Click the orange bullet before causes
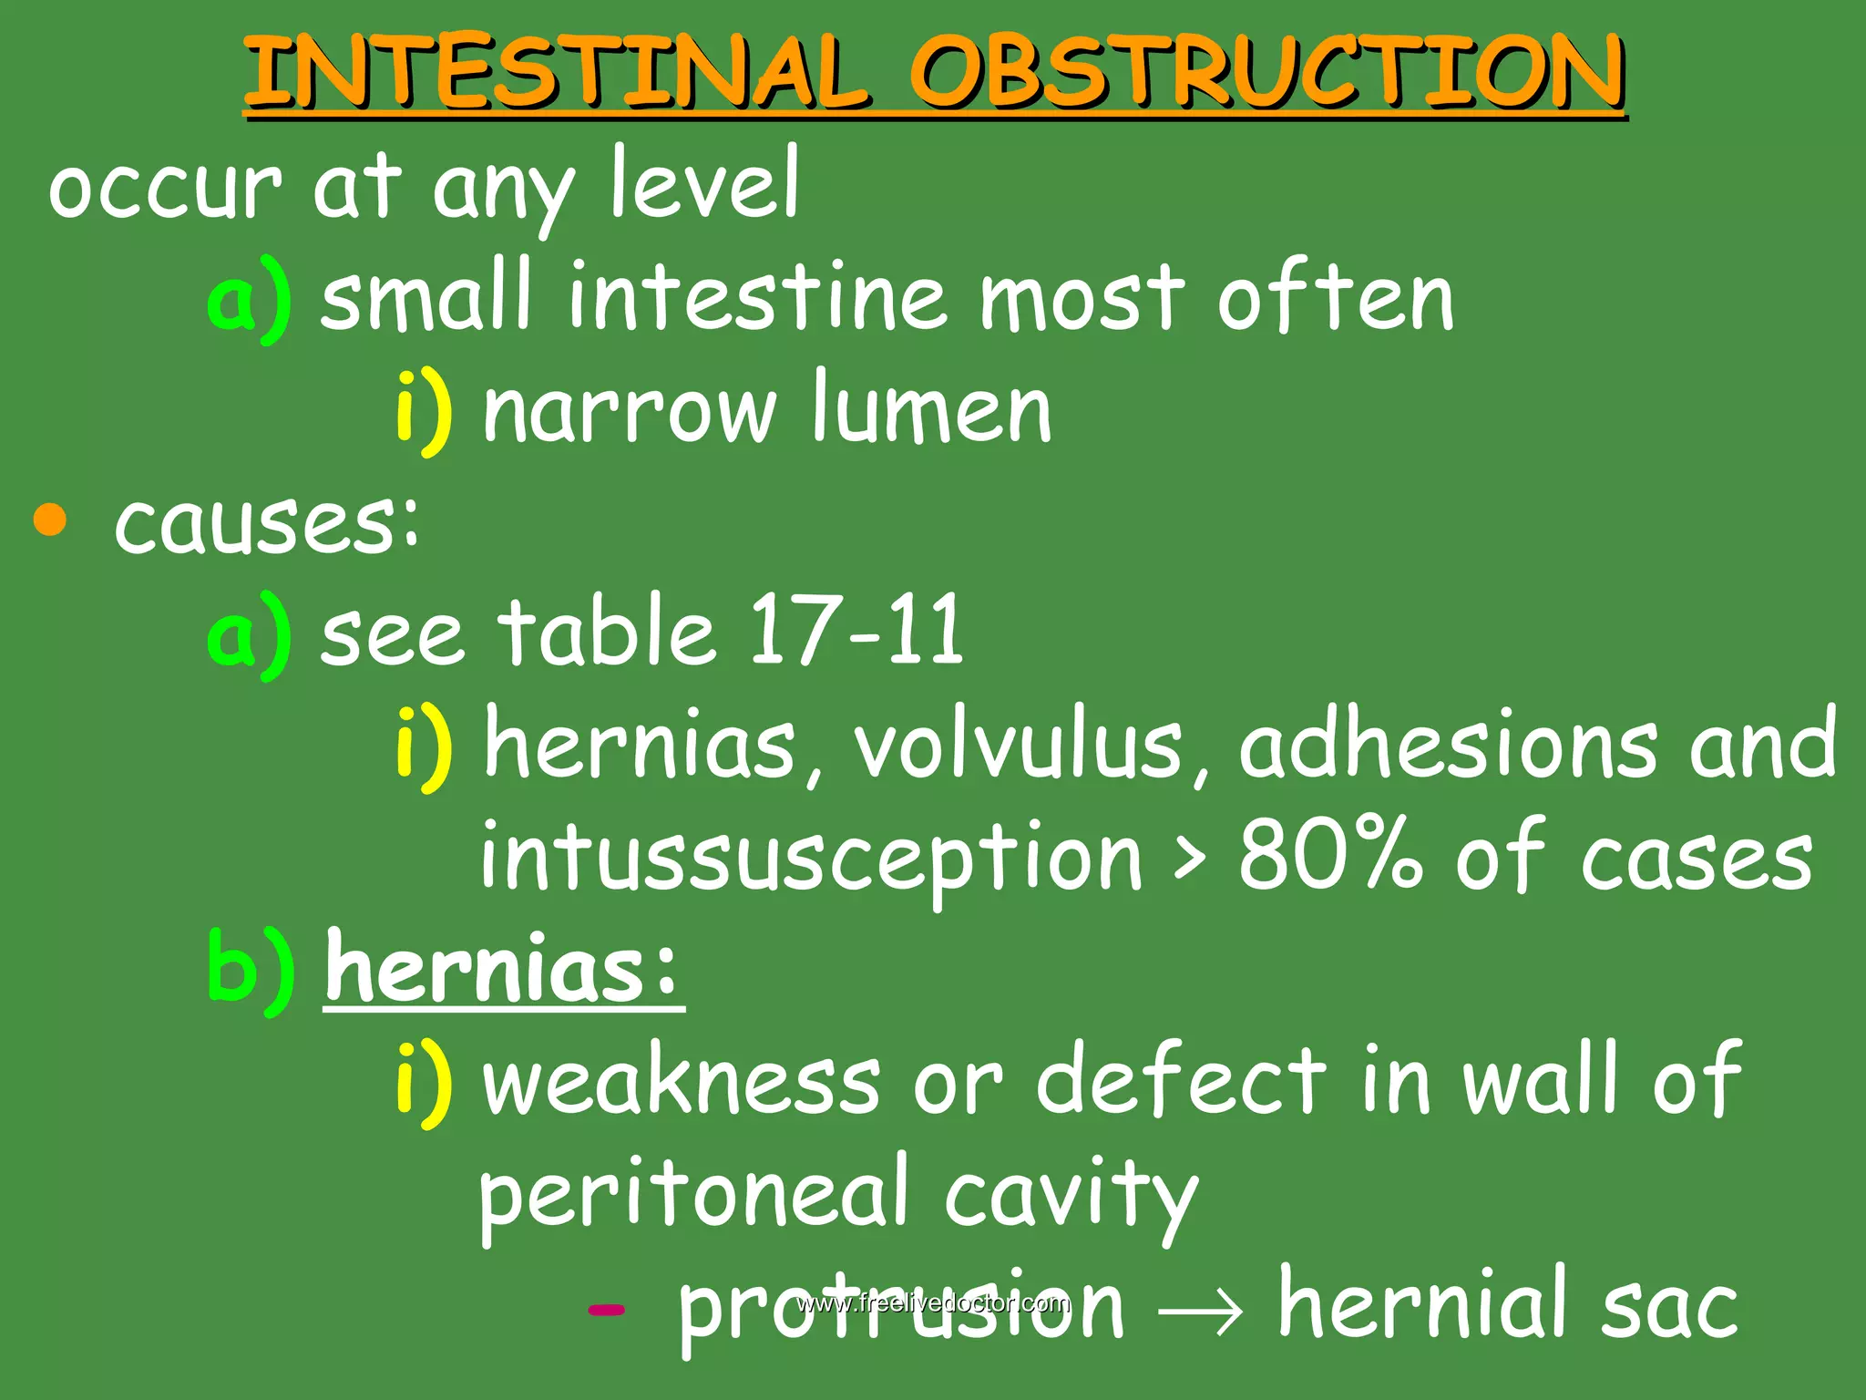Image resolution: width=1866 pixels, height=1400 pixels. (x=50, y=520)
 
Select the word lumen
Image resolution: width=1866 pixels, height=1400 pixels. (x=931, y=410)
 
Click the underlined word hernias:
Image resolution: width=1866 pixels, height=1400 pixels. (x=503, y=968)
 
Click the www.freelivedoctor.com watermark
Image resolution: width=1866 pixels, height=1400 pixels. (x=933, y=1302)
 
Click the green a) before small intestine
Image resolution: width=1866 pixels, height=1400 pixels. (x=250, y=299)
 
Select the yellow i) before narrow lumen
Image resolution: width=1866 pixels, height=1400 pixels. (x=424, y=410)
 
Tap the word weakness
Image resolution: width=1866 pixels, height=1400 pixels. (x=682, y=1081)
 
